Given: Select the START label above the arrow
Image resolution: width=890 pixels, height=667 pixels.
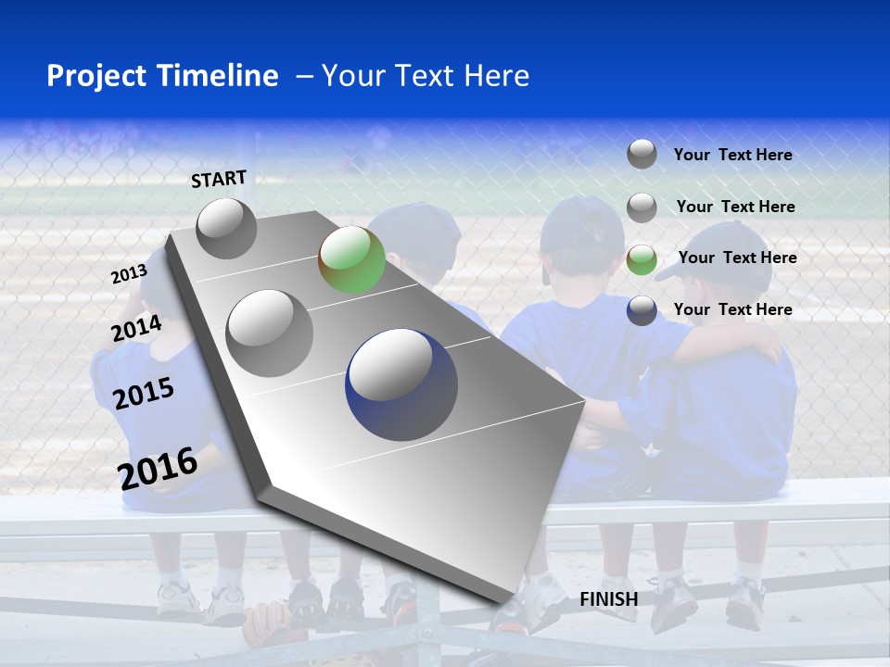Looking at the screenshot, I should tap(219, 179).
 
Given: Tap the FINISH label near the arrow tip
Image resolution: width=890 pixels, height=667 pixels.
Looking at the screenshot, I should tap(608, 599).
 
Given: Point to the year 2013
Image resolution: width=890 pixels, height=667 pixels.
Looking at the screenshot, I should tap(129, 274).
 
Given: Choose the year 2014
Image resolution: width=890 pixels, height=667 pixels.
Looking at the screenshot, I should tap(137, 329).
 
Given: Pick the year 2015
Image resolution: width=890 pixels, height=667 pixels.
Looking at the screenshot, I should tap(144, 394).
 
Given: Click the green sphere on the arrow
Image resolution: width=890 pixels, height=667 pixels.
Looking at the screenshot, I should tap(351, 259).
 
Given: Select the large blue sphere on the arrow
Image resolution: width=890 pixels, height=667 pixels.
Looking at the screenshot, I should tap(400, 383).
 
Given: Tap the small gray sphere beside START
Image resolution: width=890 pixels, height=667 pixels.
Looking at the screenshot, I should tap(226, 228).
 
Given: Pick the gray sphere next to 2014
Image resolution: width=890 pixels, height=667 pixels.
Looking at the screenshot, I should tap(269, 333).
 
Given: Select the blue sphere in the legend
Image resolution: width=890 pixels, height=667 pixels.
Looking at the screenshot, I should tap(642, 310).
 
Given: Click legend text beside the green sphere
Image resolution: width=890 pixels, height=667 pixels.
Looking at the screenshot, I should tap(737, 258).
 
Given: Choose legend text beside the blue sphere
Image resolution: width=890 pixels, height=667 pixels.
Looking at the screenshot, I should tap(732, 309).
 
